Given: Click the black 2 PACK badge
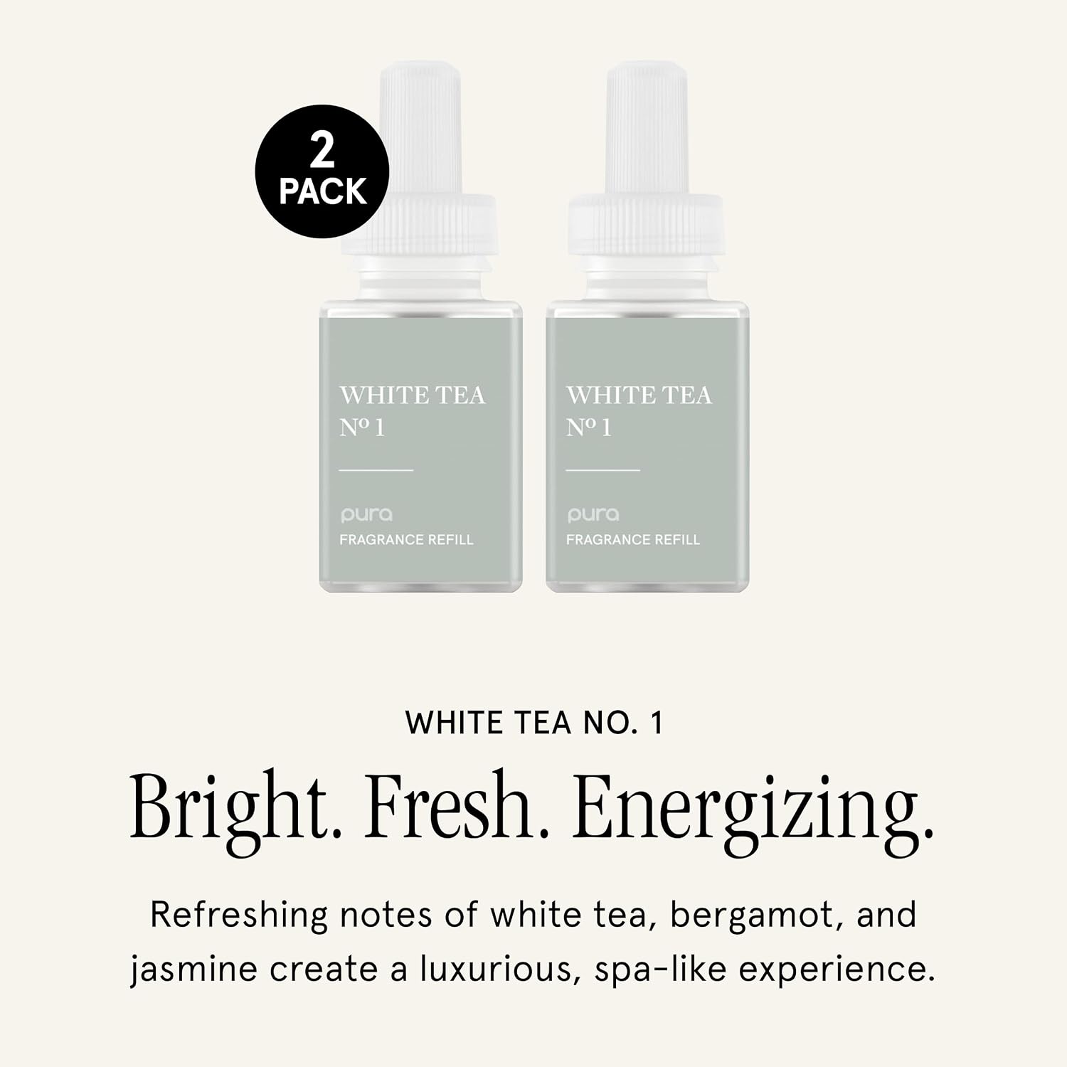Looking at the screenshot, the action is pyautogui.click(x=322, y=171).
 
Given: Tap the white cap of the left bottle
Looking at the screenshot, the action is pyautogui.click(x=419, y=164).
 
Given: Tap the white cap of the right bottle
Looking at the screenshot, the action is pyautogui.click(x=646, y=164).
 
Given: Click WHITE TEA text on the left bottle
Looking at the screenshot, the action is pyautogui.click(x=413, y=396).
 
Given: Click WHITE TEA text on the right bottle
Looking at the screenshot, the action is pyautogui.click(x=639, y=396).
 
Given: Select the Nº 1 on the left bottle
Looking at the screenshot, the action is pyautogui.click(x=362, y=428).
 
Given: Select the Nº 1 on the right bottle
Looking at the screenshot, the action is pyautogui.click(x=589, y=428).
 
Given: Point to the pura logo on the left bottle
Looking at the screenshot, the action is pyautogui.click(x=366, y=515).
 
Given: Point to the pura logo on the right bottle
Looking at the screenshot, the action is pyautogui.click(x=593, y=515).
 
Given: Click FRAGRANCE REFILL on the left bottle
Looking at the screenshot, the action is pyautogui.click(x=406, y=540).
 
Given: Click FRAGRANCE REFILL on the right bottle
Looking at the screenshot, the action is pyautogui.click(x=633, y=540).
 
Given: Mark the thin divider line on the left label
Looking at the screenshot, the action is pyautogui.click(x=376, y=470).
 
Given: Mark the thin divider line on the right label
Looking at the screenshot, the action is pyautogui.click(x=603, y=470).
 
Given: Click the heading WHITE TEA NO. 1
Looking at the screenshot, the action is pyautogui.click(x=534, y=723).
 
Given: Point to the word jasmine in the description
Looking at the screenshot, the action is pyautogui.click(x=193, y=971).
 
